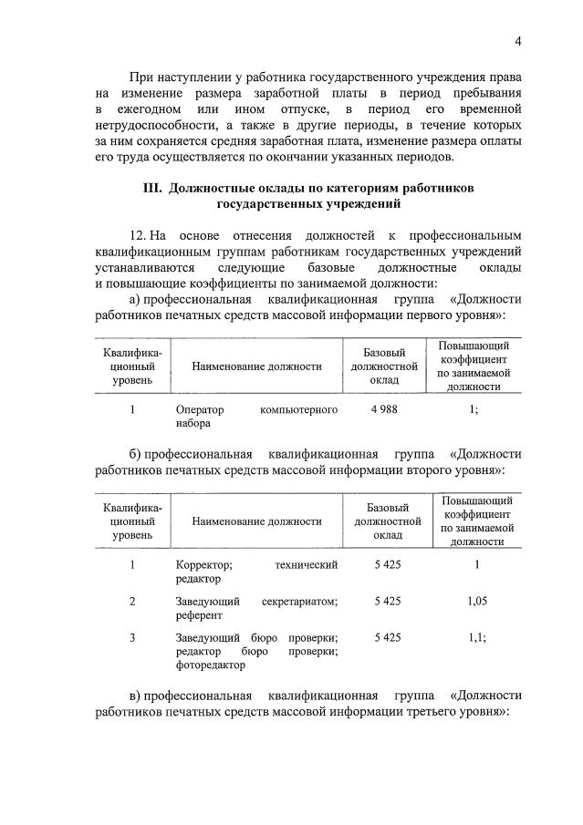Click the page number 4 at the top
pos(517,41)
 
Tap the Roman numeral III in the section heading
pos(151,188)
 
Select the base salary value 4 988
pos(384,409)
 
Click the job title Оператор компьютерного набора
pos(256,416)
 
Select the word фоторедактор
pos(211,665)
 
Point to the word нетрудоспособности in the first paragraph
pos(153,124)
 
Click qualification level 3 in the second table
pos(132,637)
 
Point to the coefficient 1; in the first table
pos(473,409)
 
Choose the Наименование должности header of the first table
pos(256,366)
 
